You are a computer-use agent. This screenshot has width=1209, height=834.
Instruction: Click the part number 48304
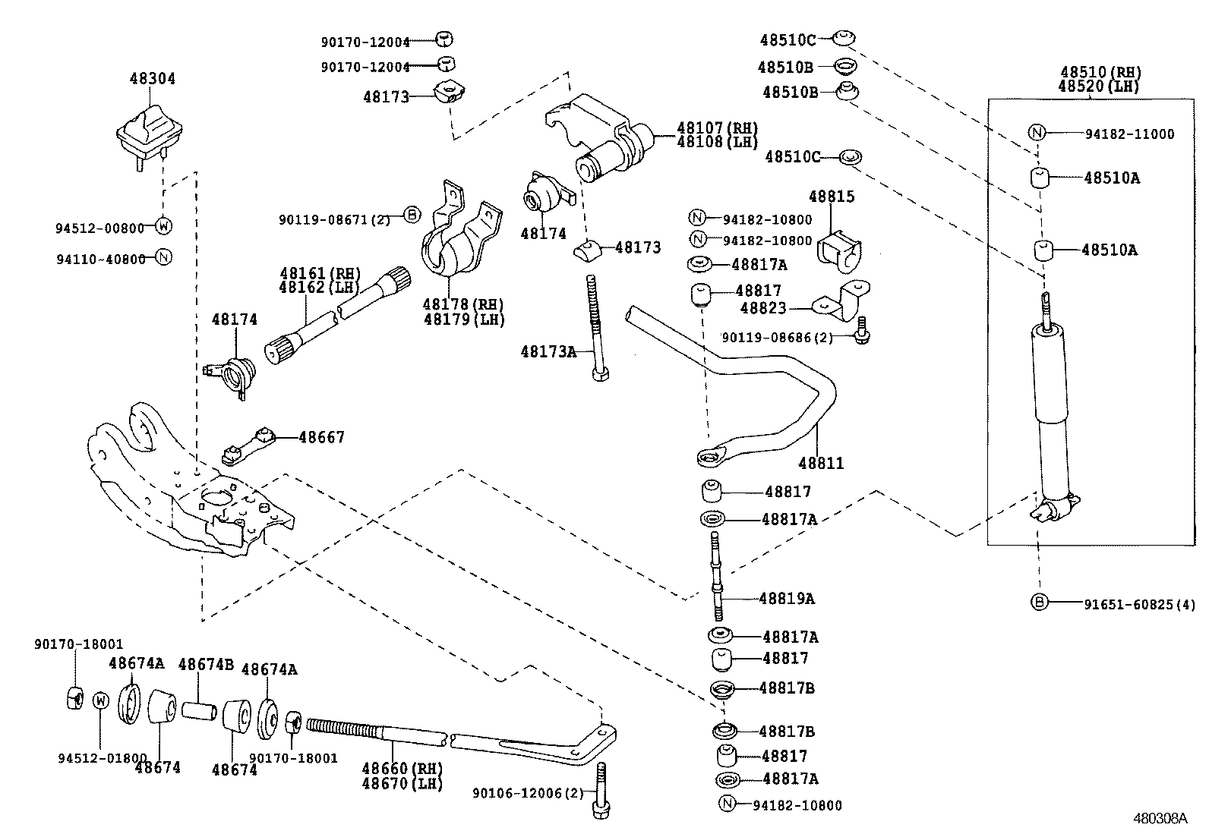(x=152, y=78)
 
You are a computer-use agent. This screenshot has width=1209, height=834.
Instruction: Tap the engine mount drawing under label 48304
(x=150, y=137)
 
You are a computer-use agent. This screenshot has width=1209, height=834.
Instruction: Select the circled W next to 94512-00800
(x=163, y=226)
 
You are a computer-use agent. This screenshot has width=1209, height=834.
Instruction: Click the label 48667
(x=321, y=437)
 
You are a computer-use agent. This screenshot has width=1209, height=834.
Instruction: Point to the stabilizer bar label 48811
(x=821, y=463)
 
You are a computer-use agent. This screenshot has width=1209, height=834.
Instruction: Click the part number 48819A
(x=786, y=599)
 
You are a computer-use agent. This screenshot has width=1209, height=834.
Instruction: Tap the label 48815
(x=832, y=197)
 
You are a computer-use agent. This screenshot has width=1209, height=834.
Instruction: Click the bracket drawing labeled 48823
(x=843, y=301)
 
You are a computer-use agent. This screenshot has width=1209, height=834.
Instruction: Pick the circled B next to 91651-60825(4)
(x=1039, y=603)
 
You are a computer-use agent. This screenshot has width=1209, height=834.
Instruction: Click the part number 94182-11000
(x=1129, y=134)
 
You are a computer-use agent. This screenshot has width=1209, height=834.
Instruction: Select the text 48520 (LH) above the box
(x=1099, y=86)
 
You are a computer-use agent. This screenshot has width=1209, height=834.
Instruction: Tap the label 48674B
(x=206, y=665)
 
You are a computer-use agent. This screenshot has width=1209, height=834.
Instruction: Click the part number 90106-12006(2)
(x=528, y=793)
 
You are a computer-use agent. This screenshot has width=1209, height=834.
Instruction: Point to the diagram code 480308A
(x=1160, y=819)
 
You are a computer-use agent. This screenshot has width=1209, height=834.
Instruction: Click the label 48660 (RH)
(x=402, y=769)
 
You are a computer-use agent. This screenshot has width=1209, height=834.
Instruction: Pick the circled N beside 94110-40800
(x=163, y=256)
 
